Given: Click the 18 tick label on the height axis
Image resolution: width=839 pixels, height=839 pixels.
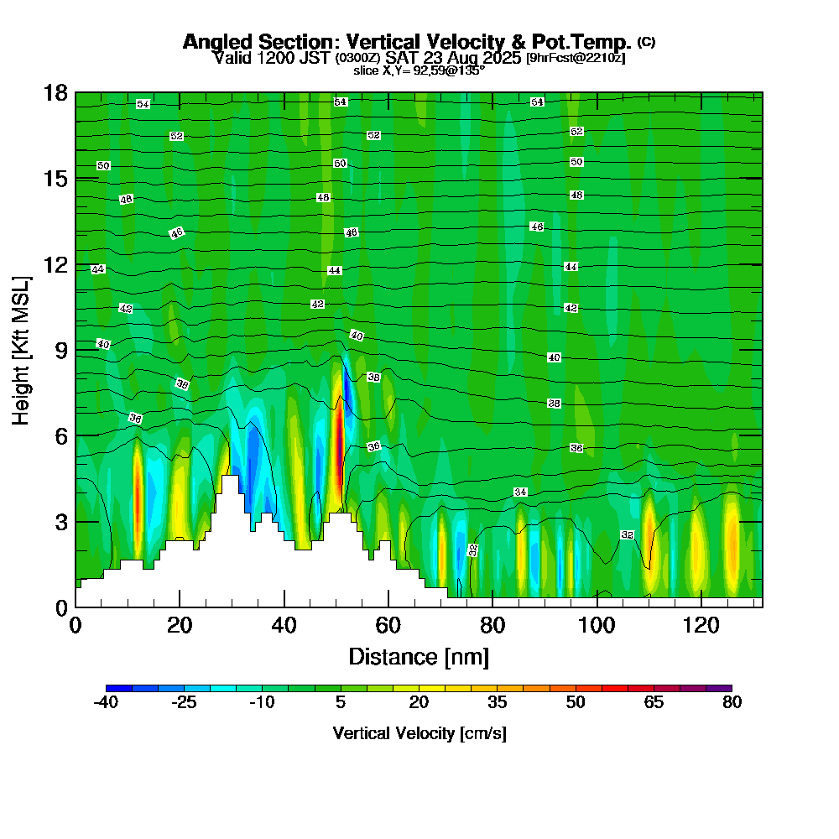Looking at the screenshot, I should (56, 92).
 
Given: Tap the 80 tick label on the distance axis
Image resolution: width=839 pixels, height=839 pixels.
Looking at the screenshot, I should (492, 626).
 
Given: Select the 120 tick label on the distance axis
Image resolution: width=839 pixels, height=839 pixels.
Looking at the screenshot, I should (701, 626).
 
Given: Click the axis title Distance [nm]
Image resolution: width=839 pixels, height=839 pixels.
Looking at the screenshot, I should (419, 656).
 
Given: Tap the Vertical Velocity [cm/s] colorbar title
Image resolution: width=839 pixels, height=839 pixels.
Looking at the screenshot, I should (419, 733).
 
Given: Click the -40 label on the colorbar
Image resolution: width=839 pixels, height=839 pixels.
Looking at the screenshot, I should (106, 703).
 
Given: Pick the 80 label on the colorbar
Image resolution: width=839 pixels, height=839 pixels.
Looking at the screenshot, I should (732, 703).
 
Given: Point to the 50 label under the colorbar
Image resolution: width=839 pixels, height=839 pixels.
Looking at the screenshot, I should (575, 703).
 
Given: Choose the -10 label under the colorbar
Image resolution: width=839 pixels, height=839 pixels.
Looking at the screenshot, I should (263, 703).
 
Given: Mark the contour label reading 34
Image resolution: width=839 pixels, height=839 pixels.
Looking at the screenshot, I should (520, 492).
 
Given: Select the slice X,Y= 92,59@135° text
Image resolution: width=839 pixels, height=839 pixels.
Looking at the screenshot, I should (419, 70).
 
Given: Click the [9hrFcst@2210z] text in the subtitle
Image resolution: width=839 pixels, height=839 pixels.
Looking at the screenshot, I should (576, 58).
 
